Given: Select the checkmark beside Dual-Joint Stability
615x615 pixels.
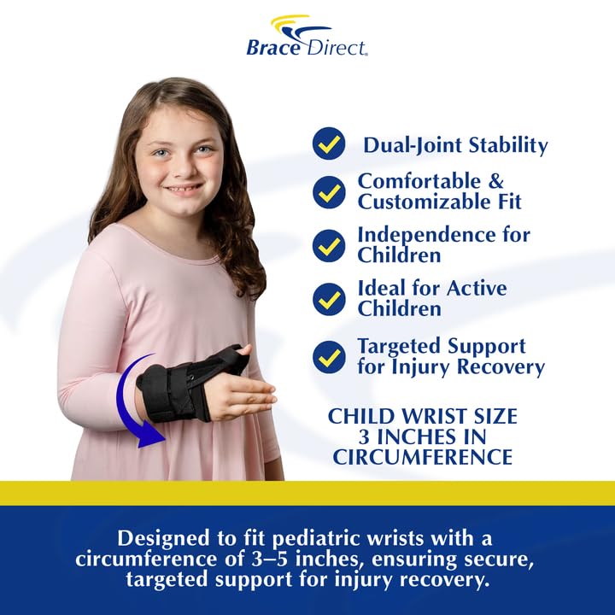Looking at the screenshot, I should click(x=329, y=143).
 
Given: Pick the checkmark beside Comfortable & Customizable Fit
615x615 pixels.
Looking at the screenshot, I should click(x=329, y=192).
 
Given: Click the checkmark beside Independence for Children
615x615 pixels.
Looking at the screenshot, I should click(x=329, y=245).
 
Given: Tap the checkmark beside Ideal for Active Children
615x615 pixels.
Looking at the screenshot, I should click(x=329, y=299).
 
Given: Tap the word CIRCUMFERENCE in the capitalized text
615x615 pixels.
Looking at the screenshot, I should click(x=423, y=457).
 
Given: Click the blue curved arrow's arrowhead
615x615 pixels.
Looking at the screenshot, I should click(x=152, y=435).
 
